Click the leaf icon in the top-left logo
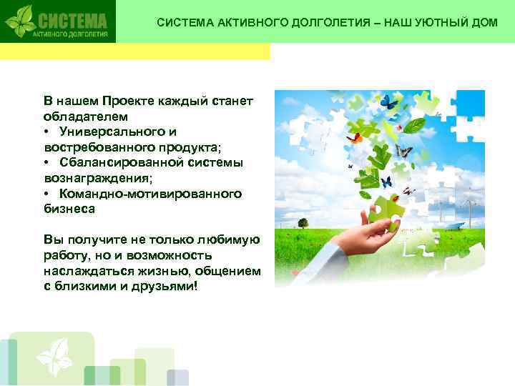pos(21,21)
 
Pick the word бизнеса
pos(69,209)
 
